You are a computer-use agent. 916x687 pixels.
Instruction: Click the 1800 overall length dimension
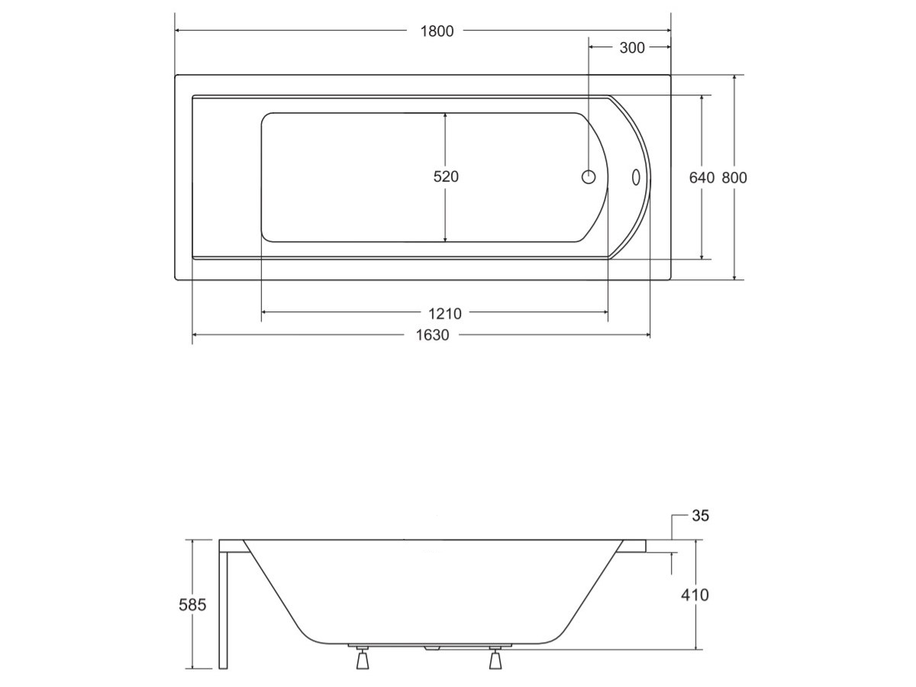click(x=437, y=31)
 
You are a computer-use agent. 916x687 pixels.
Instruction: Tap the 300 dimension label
click(x=632, y=48)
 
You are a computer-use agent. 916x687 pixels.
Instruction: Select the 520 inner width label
click(x=446, y=177)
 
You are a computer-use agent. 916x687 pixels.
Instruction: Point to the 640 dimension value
click(x=702, y=178)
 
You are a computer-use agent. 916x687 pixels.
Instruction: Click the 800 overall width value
click(x=734, y=178)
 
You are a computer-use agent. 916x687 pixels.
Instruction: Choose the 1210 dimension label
click(x=445, y=314)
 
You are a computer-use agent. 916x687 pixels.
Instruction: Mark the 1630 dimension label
click(x=432, y=335)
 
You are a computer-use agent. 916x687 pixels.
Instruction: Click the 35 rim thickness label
click(x=700, y=516)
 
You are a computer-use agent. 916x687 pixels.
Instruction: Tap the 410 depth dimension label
click(x=695, y=595)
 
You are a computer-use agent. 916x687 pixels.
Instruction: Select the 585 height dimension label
click(x=192, y=605)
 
